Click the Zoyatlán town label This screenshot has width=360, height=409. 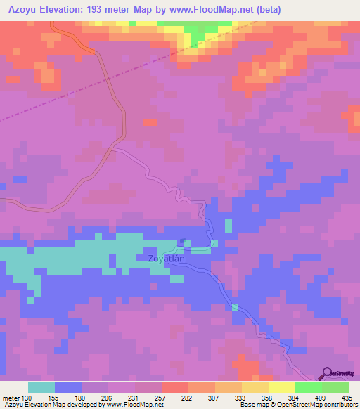pos(167,259)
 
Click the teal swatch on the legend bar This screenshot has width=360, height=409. pos(41,387)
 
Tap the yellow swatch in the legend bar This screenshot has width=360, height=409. pos(281,387)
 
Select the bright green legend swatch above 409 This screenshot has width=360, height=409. pos(308,387)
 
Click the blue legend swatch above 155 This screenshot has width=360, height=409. pos(68,387)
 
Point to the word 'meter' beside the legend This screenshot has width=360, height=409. pos(11,398)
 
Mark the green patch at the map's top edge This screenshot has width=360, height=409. pos(201,30)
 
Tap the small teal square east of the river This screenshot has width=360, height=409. pos(228,226)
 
